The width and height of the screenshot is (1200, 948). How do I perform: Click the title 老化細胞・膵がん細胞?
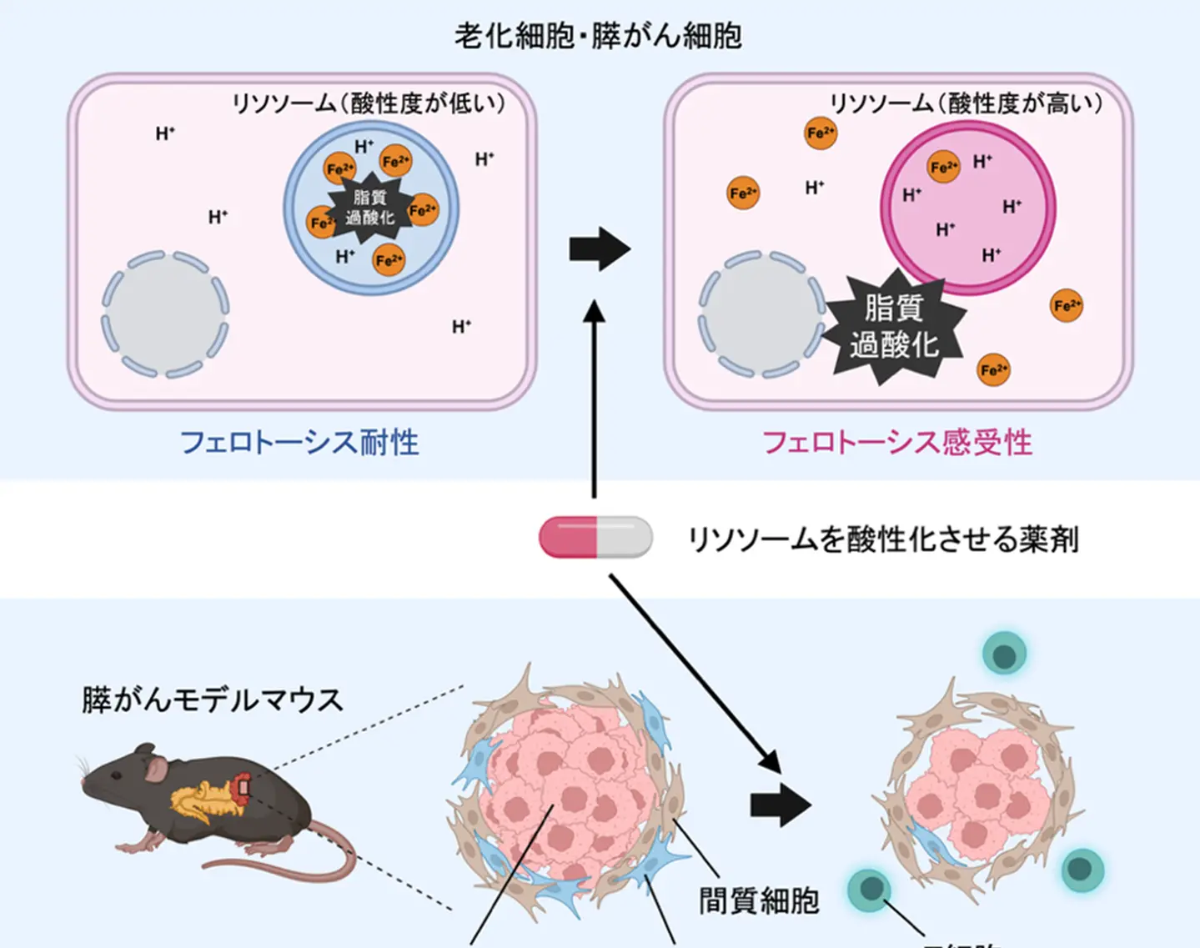pyautogui.click(x=598, y=36)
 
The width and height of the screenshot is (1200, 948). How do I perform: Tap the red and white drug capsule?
pyautogui.click(x=595, y=536)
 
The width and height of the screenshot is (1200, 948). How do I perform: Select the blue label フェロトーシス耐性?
pyautogui.click(x=299, y=442)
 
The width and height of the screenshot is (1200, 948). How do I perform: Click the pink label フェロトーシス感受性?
pyautogui.click(x=897, y=442)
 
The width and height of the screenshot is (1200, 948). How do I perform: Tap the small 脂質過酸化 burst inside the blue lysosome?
pyautogui.click(x=370, y=208)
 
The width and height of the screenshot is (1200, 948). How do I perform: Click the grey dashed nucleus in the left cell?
pyautogui.click(x=165, y=314)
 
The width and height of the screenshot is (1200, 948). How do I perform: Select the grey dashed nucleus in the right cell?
pyautogui.click(x=760, y=314)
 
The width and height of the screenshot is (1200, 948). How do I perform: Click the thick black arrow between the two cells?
pyautogui.click(x=600, y=248)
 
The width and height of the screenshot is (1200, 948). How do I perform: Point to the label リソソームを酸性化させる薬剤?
pyautogui.click(x=883, y=539)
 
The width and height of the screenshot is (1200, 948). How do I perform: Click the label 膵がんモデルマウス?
pyautogui.click(x=213, y=700)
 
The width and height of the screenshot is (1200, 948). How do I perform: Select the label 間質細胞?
pyautogui.click(x=759, y=900)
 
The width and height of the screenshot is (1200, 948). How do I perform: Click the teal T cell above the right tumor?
pyautogui.click(x=1004, y=654)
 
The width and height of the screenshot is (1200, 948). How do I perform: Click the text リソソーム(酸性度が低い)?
pyautogui.click(x=369, y=103)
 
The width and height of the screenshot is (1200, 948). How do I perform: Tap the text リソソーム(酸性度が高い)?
pyautogui.click(x=966, y=103)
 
